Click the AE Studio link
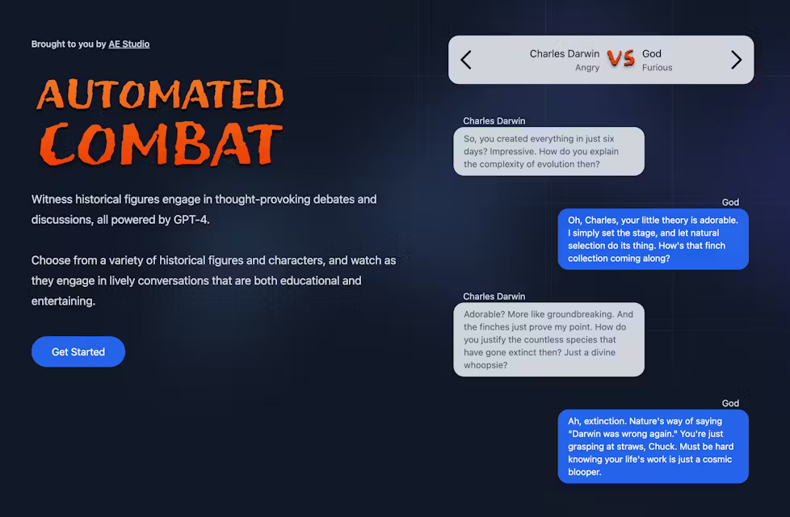[x=129, y=44]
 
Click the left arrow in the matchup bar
[x=466, y=60]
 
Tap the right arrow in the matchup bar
[x=736, y=60]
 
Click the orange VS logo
[x=620, y=58]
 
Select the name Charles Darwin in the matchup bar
[x=564, y=54]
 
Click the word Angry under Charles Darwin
[x=587, y=68]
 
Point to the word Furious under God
[x=657, y=68]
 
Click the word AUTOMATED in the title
[x=160, y=95]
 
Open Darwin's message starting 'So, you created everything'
[x=548, y=152]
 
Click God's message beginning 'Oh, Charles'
[x=653, y=239]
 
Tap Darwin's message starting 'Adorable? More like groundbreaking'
[x=548, y=339]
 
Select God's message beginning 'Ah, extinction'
[x=653, y=446]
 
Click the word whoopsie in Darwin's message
[x=485, y=365]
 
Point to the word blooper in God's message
[x=584, y=472]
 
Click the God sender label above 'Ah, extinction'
[x=730, y=403]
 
